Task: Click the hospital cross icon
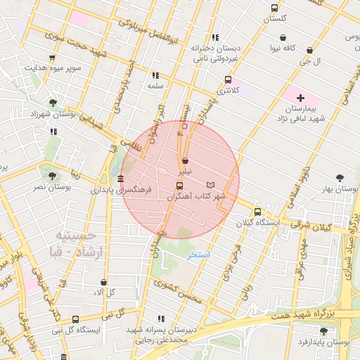point(301,98)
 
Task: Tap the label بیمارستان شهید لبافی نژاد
point(304,114)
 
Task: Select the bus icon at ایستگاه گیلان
point(257,211)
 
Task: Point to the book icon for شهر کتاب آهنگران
point(211,184)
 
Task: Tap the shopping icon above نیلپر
point(185,160)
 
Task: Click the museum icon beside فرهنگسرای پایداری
point(121,179)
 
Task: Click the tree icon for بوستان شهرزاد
point(53,103)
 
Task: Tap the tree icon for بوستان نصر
point(52,176)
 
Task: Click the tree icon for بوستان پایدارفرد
point(323,330)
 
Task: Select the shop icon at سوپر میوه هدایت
point(51,58)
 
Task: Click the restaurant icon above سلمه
point(155,75)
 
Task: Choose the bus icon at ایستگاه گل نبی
point(56,319)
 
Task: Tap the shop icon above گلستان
point(274,8)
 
